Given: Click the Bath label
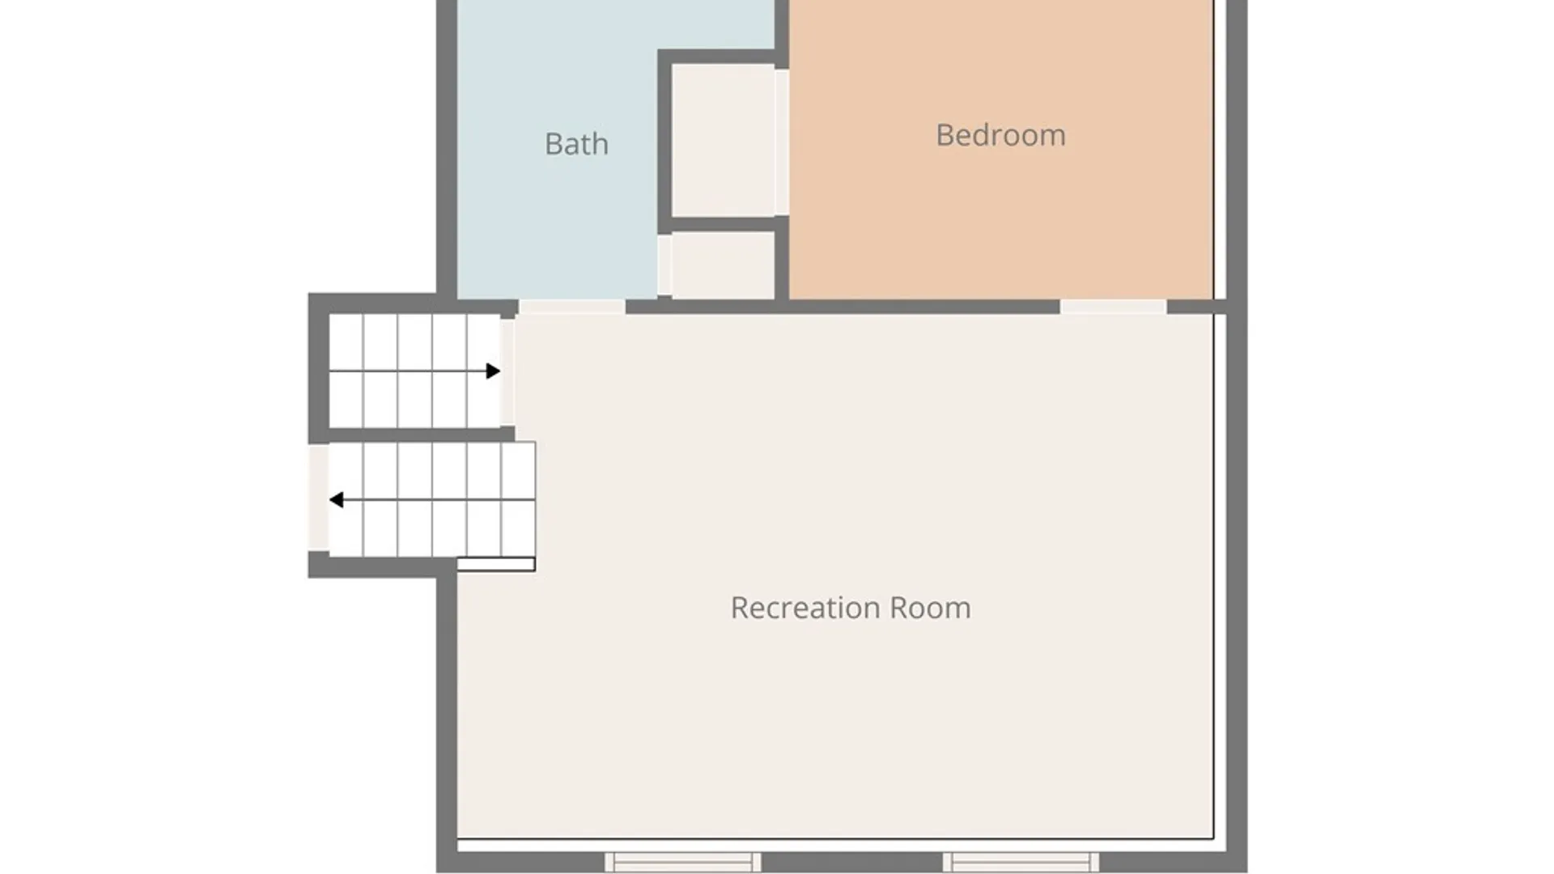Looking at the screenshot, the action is click(576, 144).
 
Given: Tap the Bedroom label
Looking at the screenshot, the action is click(1000, 135).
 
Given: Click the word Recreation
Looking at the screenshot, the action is click(805, 608).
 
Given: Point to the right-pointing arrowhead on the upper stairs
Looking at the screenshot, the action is click(493, 371).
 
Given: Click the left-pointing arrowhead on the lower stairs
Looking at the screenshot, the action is click(336, 500).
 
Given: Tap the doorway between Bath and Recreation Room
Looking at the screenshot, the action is click(571, 307).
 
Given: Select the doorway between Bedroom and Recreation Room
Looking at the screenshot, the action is click(1113, 307).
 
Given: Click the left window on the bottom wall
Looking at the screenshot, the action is click(683, 861).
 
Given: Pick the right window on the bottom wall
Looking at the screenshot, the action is click(1021, 861).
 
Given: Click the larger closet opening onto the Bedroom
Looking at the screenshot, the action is click(723, 141).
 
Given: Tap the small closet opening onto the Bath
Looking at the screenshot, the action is click(723, 265).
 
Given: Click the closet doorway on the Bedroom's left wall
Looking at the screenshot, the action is click(782, 142).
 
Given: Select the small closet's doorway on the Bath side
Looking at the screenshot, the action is click(664, 265).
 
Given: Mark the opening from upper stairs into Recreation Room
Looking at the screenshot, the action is click(507, 371).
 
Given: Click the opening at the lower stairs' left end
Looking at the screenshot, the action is click(319, 498).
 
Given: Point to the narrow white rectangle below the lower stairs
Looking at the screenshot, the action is click(496, 564).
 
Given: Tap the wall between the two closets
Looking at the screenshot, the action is click(723, 224).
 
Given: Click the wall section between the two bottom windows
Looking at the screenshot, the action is click(852, 862).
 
